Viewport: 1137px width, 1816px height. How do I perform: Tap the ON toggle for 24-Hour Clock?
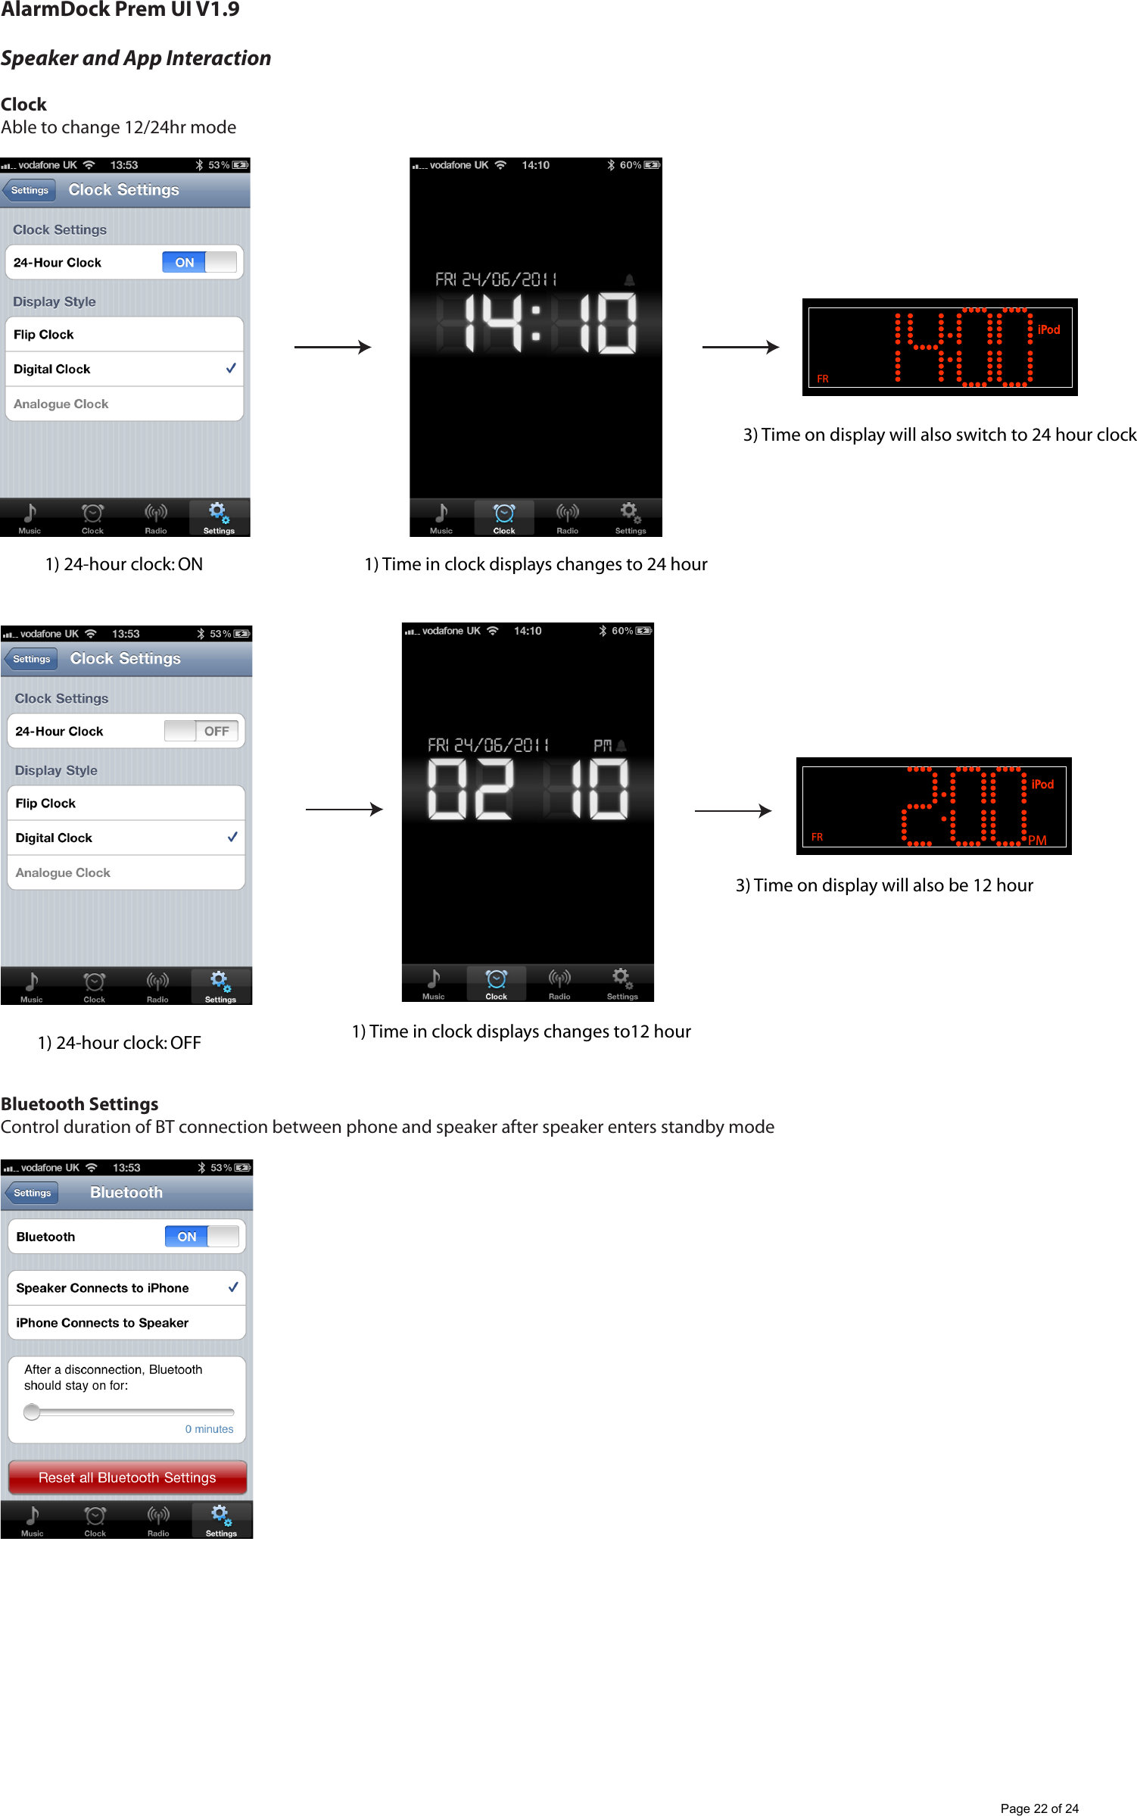tap(199, 262)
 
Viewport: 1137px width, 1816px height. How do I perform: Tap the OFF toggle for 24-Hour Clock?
tap(201, 731)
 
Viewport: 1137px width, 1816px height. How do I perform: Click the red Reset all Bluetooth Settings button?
tap(127, 1477)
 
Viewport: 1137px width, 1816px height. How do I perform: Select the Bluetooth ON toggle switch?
tap(201, 1236)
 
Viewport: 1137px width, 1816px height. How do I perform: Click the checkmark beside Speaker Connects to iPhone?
tap(233, 1287)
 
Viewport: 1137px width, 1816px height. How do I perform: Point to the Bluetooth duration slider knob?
tap(32, 1412)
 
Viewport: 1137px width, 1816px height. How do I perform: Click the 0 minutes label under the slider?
tap(209, 1429)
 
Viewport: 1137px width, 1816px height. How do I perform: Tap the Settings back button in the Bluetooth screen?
tap(32, 1193)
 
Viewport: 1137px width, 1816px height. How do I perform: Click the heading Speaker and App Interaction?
tap(136, 58)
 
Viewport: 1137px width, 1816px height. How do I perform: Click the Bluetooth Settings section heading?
tap(79, 1103)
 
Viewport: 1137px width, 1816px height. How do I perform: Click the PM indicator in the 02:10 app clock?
tap(603, 745)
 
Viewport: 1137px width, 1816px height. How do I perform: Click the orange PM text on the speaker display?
tap(1037, 840)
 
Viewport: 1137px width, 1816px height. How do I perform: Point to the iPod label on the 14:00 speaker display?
tap(1048, 329)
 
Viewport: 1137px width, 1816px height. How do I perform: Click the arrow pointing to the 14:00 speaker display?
tap(740, 347)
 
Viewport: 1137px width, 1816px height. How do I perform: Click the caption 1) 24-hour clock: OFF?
tap(120, 1043)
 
